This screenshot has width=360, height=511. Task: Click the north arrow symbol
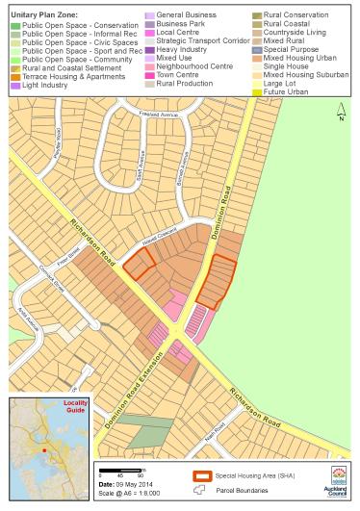pyautogui.click(x=340, y=114)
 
